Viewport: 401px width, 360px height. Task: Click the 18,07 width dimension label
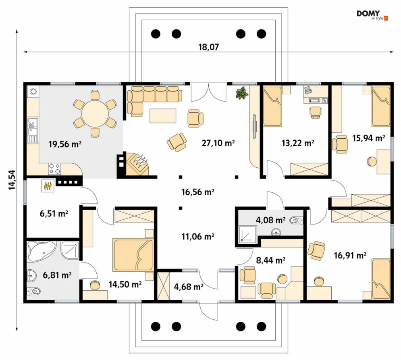(209, 47)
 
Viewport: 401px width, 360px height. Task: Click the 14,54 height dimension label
(12, 180)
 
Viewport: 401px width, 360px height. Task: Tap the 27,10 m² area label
(218, 143)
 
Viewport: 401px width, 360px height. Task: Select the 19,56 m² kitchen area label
(65, 144)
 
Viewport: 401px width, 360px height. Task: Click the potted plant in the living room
(242, 93)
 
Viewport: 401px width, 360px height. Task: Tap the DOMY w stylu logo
(372, 15)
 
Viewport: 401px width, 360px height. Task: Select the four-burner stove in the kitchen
(55, 169)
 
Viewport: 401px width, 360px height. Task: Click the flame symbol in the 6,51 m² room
(48, 185)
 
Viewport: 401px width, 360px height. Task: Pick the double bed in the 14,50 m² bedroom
(133, 255)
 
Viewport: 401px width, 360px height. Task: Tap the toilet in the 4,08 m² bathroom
(297, 220)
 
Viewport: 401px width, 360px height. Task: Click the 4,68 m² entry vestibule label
(189, 286)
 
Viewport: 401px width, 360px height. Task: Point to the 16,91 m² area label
(350, 255)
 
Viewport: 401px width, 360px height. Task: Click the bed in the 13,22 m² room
(272, 106)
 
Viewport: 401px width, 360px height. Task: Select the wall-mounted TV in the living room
(255, 127)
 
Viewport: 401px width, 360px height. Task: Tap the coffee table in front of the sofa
(163, 116)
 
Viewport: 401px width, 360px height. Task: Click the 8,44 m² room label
(270, 260)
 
